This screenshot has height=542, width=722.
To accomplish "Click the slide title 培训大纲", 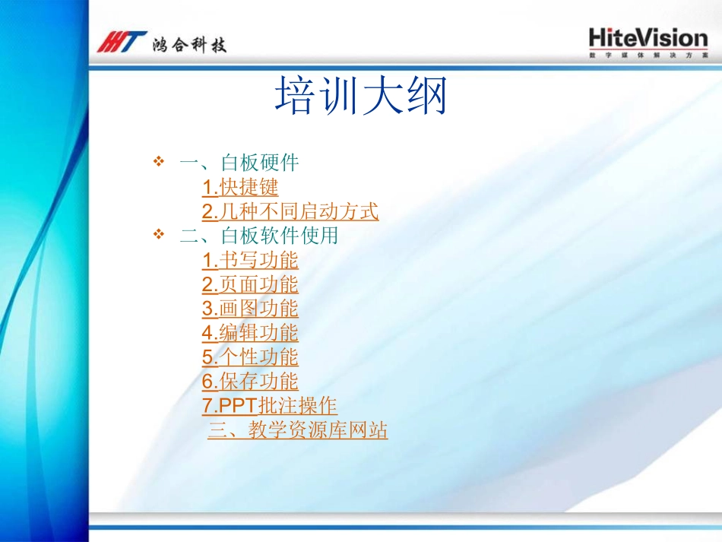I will [361, 97].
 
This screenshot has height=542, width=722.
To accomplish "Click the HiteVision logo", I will [648, 38].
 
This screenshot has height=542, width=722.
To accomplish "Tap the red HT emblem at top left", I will [121, 43].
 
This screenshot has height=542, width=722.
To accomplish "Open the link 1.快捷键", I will [240, 187].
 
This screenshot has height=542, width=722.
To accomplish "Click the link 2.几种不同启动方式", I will [290, 211].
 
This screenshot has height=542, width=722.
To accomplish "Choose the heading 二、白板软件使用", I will [258, 236].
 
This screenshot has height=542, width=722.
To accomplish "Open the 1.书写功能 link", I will [250, 260].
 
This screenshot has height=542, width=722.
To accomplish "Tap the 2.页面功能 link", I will [250, 284].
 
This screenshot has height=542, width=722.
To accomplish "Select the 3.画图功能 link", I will [250, 309].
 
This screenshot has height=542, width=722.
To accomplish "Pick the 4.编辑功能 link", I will [250, 333].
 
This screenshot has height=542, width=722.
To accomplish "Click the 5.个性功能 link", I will [250, 357].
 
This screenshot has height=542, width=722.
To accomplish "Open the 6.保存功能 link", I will [250, 382].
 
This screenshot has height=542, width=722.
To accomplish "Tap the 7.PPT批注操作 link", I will [269, 406].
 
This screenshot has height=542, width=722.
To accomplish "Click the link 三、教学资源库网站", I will [298, 431].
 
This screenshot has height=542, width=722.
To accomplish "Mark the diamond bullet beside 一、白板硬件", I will [159, 161].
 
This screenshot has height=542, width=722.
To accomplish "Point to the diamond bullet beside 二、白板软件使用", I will [159, 235].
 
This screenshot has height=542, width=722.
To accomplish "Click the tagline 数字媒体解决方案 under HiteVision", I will [648, 56].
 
